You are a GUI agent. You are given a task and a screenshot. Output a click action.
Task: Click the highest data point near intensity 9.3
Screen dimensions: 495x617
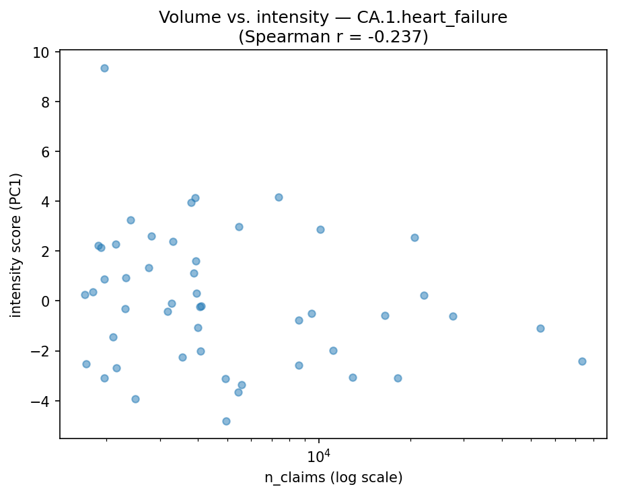(x=104, y=68)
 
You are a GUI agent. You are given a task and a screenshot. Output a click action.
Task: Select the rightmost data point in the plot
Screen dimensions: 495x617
(x=582, y=361)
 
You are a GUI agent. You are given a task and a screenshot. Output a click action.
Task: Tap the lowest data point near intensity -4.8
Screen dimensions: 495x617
(x=226, y=421)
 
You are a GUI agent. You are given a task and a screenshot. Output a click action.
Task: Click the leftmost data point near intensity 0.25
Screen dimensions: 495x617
(x=85, y=295)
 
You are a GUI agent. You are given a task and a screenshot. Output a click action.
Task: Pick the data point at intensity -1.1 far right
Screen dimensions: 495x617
(x=540, y=328)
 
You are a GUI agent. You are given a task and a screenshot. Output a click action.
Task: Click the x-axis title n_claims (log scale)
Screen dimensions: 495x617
(x=333, y=478)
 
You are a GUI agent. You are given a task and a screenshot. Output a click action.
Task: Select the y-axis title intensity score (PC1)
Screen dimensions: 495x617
(x=15, y=245)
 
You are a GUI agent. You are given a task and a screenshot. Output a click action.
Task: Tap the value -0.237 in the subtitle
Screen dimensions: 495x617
(x=398, y=36)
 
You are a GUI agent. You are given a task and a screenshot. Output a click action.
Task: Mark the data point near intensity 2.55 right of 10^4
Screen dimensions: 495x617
(x=414, y=237)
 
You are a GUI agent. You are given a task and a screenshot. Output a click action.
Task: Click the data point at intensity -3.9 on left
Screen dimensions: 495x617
(x=135, y=399)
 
